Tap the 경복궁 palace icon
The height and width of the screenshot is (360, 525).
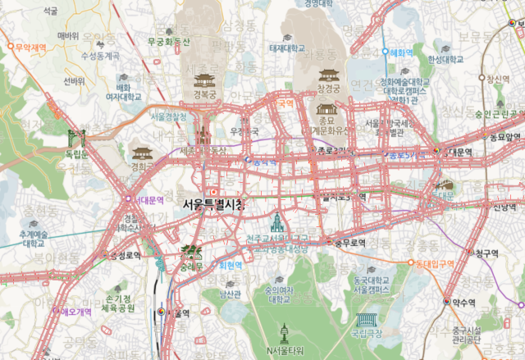[x=203, y=80]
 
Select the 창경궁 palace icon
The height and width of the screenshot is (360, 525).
[x=329, y=75]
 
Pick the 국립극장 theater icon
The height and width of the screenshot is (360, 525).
[x=366, y=321]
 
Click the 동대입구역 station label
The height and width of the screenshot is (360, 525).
[x=435, y=264]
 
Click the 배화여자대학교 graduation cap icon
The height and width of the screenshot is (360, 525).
[x=124, y=76]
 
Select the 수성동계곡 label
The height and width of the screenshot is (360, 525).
[x=100, y=56]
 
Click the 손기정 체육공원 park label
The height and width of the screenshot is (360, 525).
[x=120, y=303]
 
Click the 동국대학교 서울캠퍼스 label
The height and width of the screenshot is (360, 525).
[x=372, y=284]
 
